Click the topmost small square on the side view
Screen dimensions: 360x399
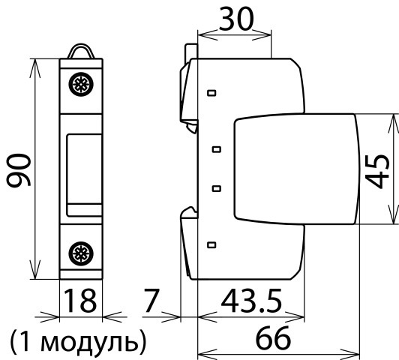(211, 93)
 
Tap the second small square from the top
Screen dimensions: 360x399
(217, 149)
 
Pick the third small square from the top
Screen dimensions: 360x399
(217, 188)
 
